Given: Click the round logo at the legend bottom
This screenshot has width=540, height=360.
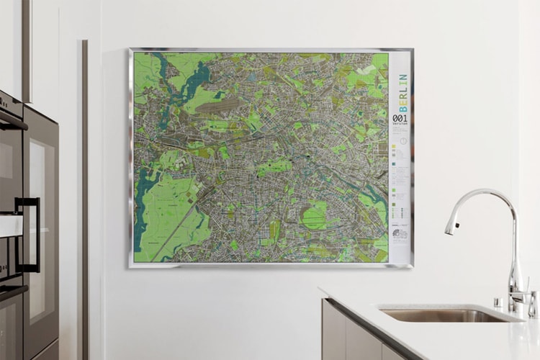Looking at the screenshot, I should pos(400,233).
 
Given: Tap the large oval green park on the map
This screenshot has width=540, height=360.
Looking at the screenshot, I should pos(315,215).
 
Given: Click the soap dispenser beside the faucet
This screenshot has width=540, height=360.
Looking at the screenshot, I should pos(532,302).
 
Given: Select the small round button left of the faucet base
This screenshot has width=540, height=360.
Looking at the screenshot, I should pos(498,301).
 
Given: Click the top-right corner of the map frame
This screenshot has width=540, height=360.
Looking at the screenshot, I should pos(412,50).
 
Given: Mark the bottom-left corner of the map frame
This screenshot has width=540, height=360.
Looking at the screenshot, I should pos(130,266).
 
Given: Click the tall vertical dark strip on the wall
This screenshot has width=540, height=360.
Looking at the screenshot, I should pos(85,194).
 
